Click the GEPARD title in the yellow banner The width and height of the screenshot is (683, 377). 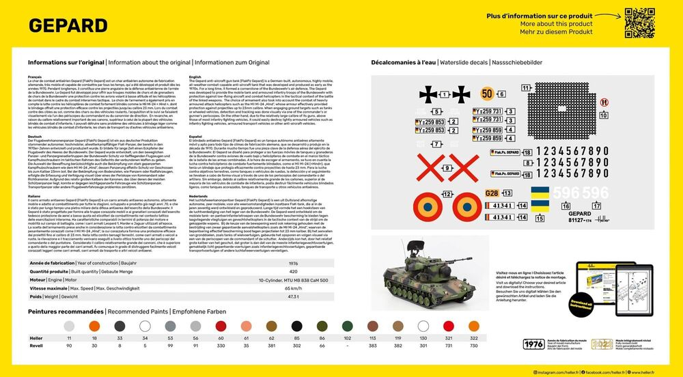pyautogui.click(x=58, y=25)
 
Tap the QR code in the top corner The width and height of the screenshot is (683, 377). pyautogui.click(x=640, y=23)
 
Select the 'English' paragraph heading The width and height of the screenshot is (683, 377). pyautogui.click(x=194, y=77)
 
